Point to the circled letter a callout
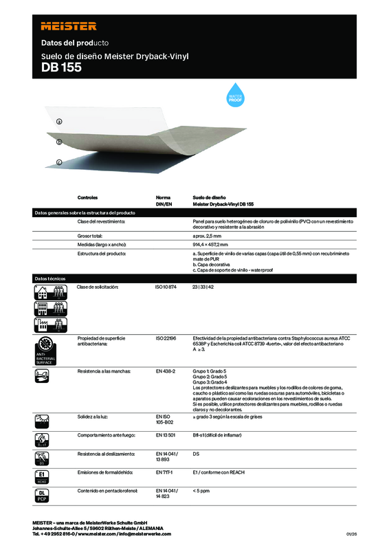click(59, 121)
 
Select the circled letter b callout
click(59, 142)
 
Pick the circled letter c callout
click(59, 162)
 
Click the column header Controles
click(93, 197)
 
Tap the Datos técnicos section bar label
click(50, 278)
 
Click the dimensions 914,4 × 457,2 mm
click(216, 245)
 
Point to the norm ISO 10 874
click(167, 286)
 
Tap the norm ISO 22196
click(166, 338)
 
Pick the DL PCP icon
click(43, 495)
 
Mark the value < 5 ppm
click(201, 490)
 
